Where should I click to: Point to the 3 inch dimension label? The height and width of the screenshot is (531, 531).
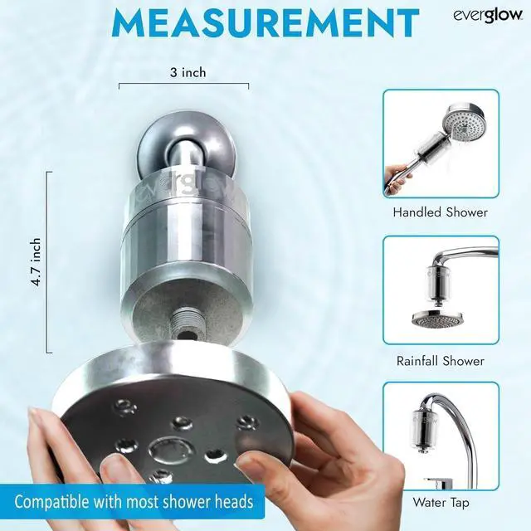[x=183, y=72]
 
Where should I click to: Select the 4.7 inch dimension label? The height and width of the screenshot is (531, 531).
[x=36, y=262]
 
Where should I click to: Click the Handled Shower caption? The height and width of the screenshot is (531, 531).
[x=440, y=212]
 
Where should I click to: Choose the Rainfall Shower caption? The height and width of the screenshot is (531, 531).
[x=440, y=361]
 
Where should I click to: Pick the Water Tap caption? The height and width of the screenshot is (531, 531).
[x=440, y=502]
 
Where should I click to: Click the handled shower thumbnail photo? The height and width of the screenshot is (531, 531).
[x=441, y=144]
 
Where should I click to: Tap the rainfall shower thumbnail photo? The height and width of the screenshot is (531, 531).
[x=441, y=290]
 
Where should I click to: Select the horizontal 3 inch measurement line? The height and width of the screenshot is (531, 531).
[x=183, y=85]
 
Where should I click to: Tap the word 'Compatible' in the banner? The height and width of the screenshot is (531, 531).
[x=54, y=502]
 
